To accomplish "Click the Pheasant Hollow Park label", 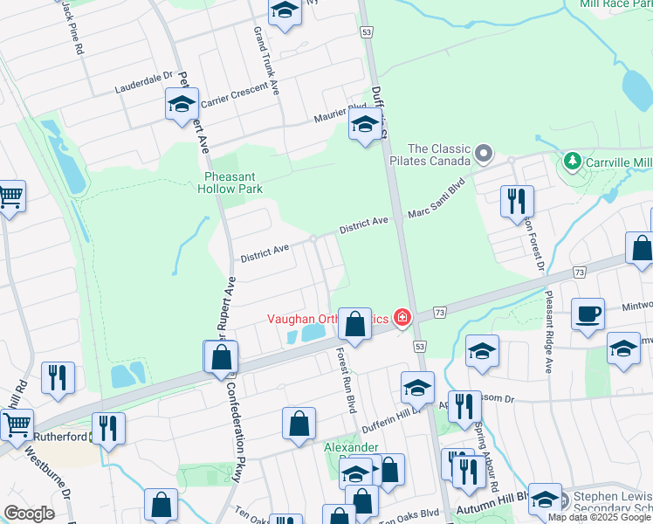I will [229, 181].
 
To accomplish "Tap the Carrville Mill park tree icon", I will [572, 162].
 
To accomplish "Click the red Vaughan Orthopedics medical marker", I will [402, 318].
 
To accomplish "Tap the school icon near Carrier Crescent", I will [182, 106].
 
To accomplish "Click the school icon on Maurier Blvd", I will [364, 127].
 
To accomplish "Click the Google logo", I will [29, 514].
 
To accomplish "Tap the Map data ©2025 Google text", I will [600, 517].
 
